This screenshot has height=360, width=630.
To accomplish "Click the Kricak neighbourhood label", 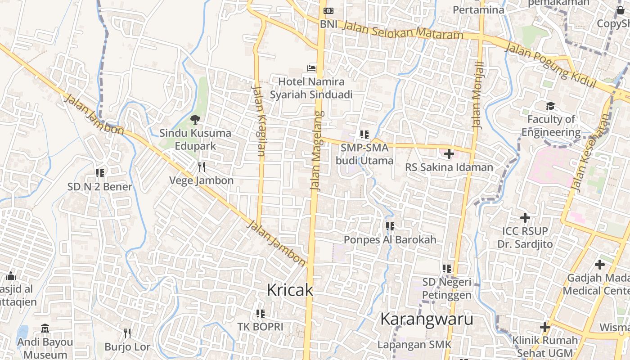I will tap(290, 290).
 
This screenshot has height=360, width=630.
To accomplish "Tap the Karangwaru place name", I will tap(426, 319).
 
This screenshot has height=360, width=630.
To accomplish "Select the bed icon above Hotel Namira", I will tap(311, 68).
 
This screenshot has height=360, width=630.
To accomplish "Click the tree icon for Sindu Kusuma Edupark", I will tap(195, 119).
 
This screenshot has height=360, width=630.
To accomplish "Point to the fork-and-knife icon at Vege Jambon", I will tap(202, 167).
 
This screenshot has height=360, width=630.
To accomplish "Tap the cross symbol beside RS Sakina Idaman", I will tap(449, 154).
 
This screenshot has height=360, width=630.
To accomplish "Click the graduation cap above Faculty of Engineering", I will tap(550, 106).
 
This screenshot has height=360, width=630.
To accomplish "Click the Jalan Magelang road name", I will tap(317, 151).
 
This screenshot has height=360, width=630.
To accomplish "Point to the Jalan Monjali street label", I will tap(478, 95).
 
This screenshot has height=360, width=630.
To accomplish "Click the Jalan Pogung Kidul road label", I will tap(550, 66).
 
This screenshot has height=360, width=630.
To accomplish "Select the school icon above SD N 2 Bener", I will tap(100, 173).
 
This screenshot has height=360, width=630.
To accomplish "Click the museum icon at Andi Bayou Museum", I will tap(45, 328).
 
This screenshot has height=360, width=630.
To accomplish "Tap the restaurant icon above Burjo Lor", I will tap(127, 333).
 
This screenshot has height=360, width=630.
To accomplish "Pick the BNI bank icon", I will tap(328, 11).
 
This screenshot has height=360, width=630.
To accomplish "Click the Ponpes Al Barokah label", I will tap(390, 240).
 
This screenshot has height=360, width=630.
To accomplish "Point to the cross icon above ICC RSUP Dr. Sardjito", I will tap(525, 218).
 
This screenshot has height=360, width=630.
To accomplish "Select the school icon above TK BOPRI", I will tap(260, 313).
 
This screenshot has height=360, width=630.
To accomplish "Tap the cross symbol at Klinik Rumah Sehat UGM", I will tap(545, 327).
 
